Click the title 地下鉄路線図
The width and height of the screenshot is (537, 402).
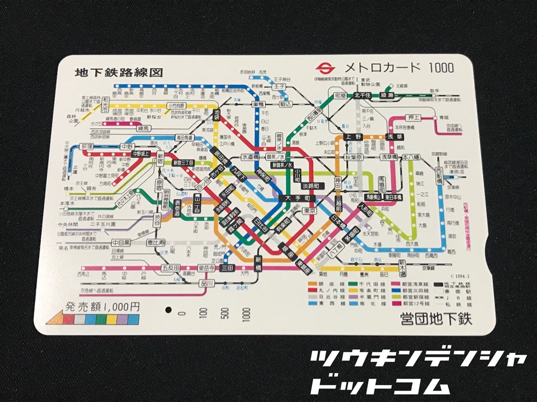click(118, 73)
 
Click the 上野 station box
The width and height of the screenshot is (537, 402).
click(352, 138)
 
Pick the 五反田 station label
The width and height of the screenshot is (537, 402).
click(170, 269)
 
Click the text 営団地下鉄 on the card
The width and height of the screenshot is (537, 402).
click(436, 318)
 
